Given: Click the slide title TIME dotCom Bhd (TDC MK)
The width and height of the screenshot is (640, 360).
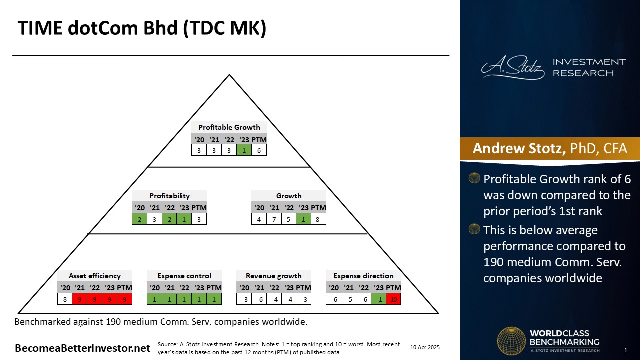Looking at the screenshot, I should [142, 29].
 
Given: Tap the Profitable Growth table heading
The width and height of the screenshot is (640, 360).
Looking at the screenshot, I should [229, 127].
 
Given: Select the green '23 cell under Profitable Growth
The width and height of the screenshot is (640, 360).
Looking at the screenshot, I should [244, 150].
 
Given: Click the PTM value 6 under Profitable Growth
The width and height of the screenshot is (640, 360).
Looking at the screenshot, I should [259, 150].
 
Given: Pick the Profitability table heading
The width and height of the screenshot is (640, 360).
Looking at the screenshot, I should [169, 196].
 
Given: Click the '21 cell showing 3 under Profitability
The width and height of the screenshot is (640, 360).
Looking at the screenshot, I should [154, 219].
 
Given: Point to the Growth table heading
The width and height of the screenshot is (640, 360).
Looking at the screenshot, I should [289, 196].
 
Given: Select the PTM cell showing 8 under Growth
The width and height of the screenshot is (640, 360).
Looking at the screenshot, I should [318, 219].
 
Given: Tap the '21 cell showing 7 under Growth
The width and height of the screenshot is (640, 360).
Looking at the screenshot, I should [274, 219].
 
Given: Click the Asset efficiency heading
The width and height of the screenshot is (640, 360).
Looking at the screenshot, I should [95, 276].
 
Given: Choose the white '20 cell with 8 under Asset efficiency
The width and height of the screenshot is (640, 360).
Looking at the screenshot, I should [65, 299].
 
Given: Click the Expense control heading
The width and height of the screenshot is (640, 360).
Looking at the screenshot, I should [184, 276].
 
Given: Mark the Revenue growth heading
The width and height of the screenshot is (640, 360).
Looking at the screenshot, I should [274, 276].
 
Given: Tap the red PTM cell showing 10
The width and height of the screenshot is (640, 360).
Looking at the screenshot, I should [393, 299].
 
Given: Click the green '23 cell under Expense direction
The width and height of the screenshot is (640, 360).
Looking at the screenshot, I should [378, 299].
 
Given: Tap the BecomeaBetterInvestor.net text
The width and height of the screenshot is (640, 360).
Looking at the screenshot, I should [82, 348].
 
